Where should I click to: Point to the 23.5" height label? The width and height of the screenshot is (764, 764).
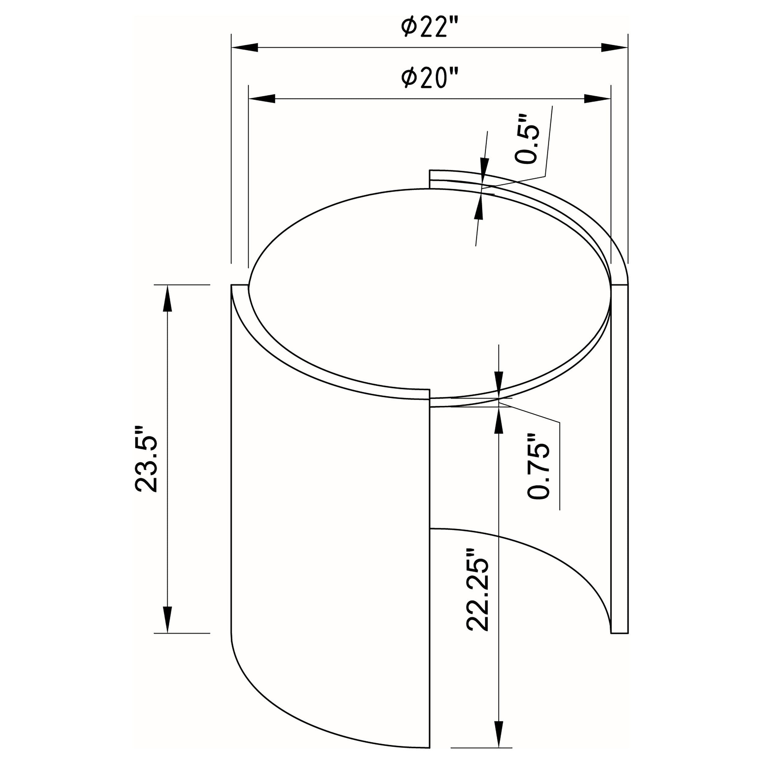pos(146,459)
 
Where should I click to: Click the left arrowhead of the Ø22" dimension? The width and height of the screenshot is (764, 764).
pos(245,47)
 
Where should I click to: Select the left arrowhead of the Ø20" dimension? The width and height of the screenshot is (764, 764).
pos(262,99)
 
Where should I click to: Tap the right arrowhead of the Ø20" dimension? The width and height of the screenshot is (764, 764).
pos(597,99)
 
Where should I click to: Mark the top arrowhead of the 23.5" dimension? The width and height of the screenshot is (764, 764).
pos(168,299)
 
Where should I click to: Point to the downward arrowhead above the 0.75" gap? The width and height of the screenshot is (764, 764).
pos(499,384)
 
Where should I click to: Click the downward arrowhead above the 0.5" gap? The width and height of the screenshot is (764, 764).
pos(484,166)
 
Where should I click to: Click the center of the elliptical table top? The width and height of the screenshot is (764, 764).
pos(429,293)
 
